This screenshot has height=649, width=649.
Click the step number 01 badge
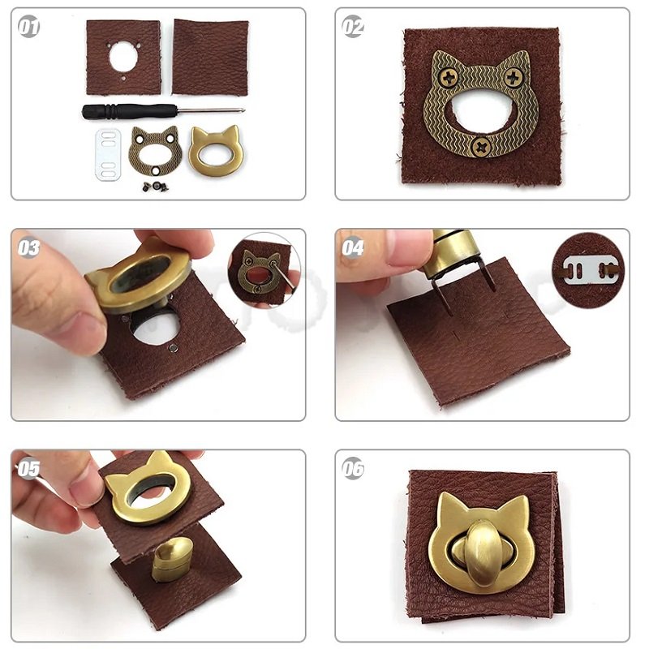28,27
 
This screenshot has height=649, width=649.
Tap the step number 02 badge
353,27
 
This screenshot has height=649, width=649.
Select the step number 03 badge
28,247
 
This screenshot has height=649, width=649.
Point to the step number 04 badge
353,247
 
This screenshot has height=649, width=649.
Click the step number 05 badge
28,469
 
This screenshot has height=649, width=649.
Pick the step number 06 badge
353,469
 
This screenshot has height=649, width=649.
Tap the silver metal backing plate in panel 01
108,154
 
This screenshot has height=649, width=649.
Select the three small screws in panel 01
156,187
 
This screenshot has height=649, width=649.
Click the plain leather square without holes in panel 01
210,57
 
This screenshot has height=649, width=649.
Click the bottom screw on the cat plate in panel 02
481,146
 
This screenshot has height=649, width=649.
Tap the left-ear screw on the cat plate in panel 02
448,77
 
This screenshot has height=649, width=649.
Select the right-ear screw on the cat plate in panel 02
513,77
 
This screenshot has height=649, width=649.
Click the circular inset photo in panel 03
264,269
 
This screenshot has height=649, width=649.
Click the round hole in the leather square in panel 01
123,57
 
